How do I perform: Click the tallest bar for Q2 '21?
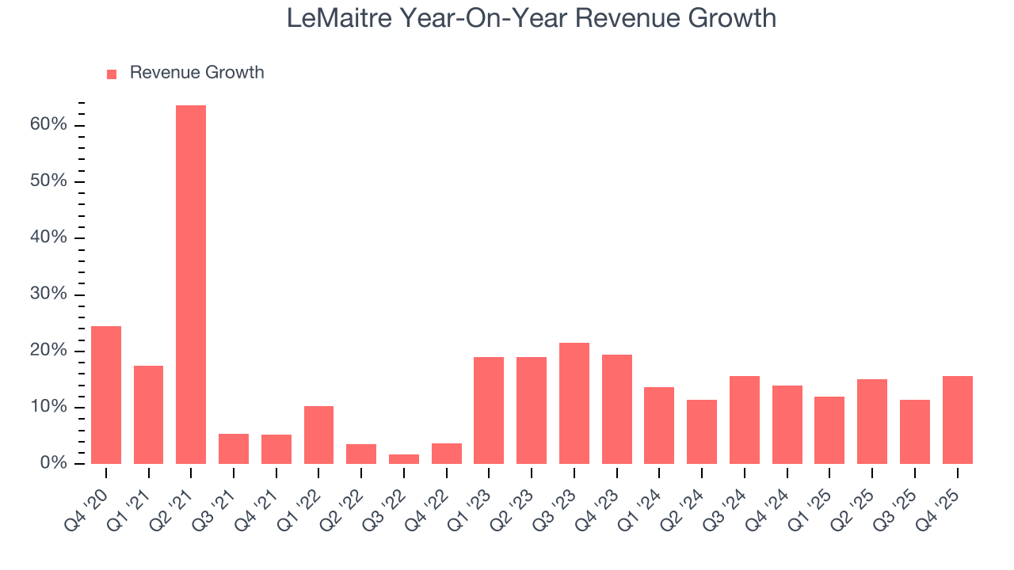191,285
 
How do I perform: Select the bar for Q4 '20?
106,395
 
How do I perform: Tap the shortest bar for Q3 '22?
404,459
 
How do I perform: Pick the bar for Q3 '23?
574,403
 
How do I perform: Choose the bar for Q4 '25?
957,420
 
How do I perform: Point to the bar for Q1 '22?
318,435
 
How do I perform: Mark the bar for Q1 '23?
489,410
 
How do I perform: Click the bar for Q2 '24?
702,431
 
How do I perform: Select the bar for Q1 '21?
149,414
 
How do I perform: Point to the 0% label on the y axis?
55,463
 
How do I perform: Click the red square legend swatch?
112,74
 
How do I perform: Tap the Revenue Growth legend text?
196,73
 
